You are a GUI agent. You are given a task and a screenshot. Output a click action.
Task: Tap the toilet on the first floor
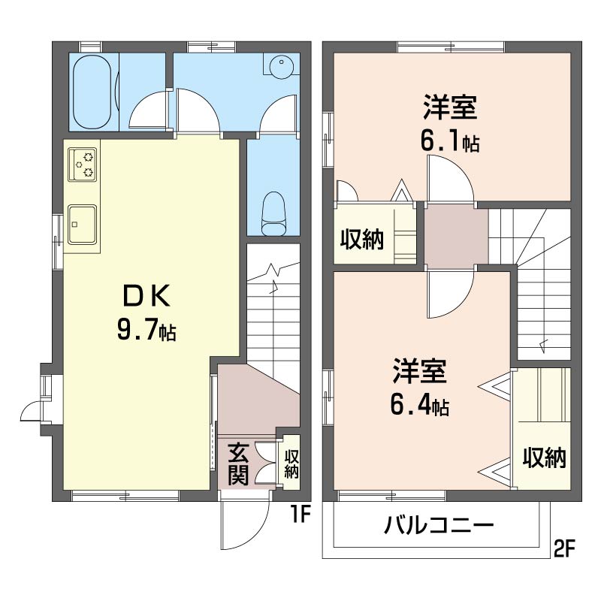point(273,211)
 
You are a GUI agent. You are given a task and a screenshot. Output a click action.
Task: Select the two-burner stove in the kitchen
point(83,165)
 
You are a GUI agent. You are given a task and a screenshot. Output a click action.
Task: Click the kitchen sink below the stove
point(82,224)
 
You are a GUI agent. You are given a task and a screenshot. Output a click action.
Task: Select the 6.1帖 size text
point(450,141)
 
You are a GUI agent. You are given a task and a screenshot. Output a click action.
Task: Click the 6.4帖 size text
point(419,406)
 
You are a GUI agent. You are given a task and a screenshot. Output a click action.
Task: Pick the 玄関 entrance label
point(238,464)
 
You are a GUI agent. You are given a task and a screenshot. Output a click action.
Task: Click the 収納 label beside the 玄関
point(291,464)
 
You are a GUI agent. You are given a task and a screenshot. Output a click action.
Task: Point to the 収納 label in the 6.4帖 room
point(545,457)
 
